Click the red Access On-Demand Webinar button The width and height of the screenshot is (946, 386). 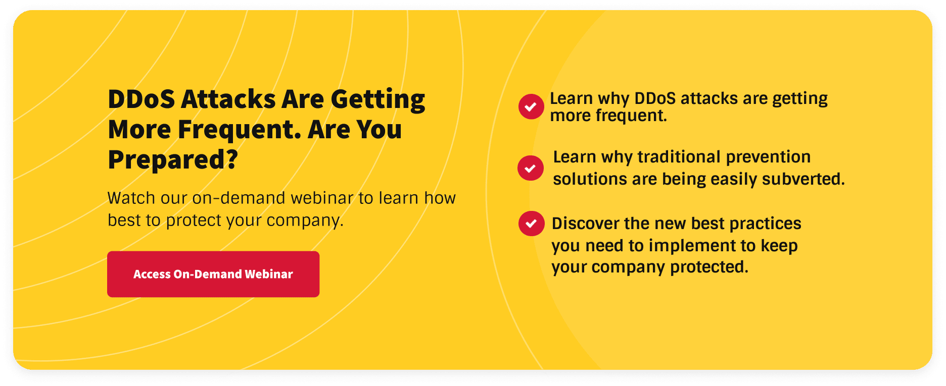[x=213, y=274]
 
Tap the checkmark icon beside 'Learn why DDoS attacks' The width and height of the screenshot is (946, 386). [x=531, y=106]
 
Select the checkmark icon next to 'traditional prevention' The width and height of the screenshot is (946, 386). [x=530, y=168]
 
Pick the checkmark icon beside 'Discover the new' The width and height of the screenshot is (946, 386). [x=531, y=224]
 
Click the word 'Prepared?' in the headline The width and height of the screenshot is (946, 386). [x=173, y=160]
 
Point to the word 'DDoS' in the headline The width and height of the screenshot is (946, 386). [x=141, y=99]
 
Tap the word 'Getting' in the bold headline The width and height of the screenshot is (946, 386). [x=377, y=99]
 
